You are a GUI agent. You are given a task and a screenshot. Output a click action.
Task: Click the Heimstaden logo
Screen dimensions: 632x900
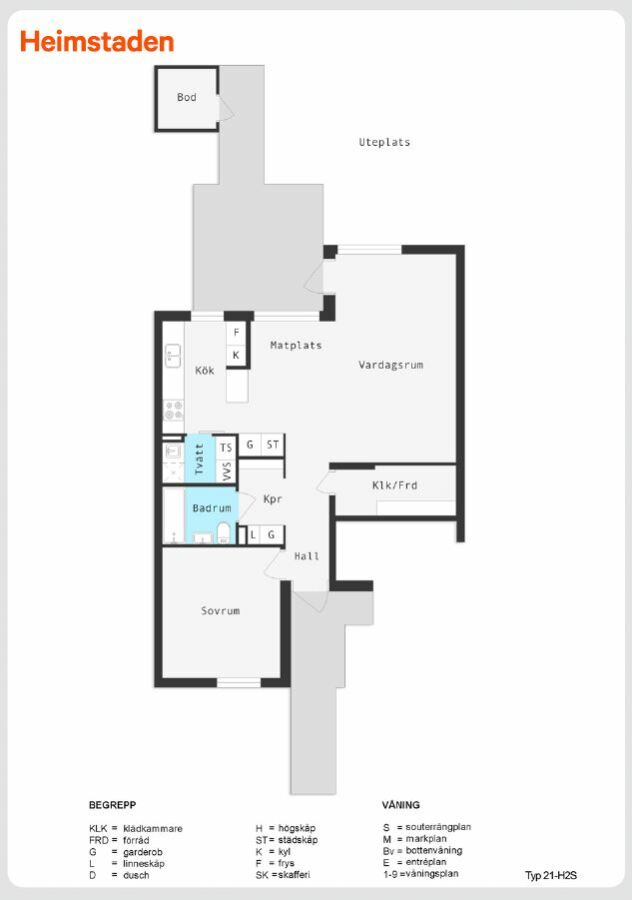(x=97, y=42)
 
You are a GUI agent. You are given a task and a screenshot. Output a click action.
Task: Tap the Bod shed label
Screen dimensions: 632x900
(x=187, y=98)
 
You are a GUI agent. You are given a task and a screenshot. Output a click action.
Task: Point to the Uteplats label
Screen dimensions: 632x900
(x=385, y=142)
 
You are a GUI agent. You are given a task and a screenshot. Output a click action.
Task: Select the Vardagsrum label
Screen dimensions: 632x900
(x=391, y=365)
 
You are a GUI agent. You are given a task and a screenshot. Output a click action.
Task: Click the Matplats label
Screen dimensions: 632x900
(x=296, y=346)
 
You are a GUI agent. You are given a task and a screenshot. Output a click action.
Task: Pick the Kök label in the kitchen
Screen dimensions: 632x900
(x=204, y=370)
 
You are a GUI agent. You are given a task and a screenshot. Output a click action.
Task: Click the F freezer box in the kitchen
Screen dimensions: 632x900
(x=236, y=333)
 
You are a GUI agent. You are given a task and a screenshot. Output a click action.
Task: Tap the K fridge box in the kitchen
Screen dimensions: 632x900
(x=236, y=355)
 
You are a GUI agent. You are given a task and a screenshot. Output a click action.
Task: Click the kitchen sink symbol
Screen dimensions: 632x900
(x=173, y=355)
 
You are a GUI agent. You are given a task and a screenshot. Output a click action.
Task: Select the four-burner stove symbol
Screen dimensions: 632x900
(x=173, y=410)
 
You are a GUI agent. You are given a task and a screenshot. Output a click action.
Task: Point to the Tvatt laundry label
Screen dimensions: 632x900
(x=199, y=459)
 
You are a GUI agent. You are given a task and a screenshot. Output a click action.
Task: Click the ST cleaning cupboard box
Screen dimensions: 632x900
(x=273, y=445)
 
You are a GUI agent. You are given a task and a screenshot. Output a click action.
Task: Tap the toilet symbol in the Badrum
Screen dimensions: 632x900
(x=223, y=533)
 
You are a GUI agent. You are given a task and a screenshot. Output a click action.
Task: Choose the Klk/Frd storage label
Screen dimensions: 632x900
(x=395, y=485)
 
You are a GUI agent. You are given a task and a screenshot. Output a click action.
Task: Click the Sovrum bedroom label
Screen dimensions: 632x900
(x=220, y=611)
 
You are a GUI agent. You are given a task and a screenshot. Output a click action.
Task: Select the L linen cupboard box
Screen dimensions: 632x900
(x=253, y=535)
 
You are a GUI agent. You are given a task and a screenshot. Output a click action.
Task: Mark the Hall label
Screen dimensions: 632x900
(x=307, y=556)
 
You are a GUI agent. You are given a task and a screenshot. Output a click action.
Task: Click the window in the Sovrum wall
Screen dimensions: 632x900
(x=239, y=682)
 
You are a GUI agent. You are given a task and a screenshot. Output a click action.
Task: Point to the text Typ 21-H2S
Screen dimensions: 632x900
(x=551, y=875)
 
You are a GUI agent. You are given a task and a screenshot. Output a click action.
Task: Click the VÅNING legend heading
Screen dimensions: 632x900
(x=401, y=805)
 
